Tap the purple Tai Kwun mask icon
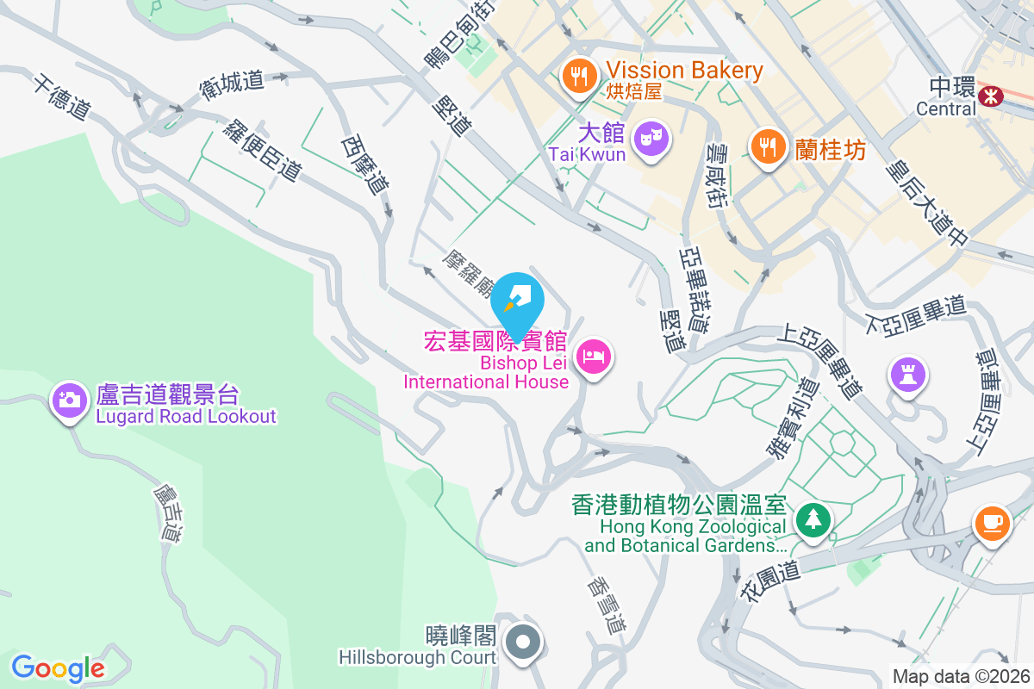coord(651,137)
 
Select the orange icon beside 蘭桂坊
coord(766,147)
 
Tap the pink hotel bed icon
coord(594,356)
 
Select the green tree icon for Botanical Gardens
coord(813,519)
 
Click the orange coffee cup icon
coord(992,522)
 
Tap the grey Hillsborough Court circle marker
coord(522,642)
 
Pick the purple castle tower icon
coord(908,375)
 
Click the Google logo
coord(58,667)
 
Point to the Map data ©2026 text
coord(961,676)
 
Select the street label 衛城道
coord(232,82)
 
